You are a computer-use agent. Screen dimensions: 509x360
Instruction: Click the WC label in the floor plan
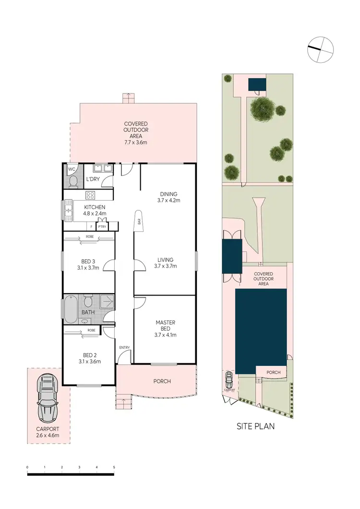click(x=72, y=169)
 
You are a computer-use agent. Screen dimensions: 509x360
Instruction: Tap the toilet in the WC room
click(x=72, y=180)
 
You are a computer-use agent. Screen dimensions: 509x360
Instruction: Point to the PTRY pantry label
click(x=102, y=226)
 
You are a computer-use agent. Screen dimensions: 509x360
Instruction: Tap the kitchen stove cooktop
click(x=91, y=195)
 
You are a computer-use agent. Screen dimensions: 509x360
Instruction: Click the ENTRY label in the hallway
click(x=124, y=347)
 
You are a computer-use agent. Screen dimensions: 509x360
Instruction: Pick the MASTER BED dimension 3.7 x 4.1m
click(x=165, y=335)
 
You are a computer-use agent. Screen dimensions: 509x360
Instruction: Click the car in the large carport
click(x=48, y=396)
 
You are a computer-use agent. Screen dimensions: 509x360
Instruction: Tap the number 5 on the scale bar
click(x=114, y=467)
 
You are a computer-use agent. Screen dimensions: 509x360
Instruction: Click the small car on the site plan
click(x=229, y=380)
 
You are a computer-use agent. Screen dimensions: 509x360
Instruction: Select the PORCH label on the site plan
click(x=273, y=372)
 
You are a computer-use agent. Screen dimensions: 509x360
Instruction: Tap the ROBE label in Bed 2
click(x=91, y=331)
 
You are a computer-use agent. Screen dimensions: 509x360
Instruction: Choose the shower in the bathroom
click(x=107, y=303)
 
